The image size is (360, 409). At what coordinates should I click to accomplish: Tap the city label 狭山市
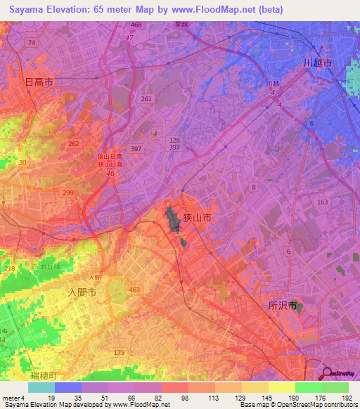pos(198,219)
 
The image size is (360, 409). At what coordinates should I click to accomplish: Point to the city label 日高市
pos(39,82)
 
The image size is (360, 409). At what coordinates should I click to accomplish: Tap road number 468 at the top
pos(136,25)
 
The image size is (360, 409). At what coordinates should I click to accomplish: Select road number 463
pos(135,289)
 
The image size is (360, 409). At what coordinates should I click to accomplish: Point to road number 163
pos(322,202)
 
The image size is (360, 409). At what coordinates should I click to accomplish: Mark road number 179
pos(119,353)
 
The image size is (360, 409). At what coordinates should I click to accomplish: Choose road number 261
pos(146,99)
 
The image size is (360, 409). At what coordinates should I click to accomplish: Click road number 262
pos(74,143)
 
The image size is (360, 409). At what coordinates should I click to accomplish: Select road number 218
pos(10,269)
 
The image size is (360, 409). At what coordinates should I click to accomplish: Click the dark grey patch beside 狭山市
pos(173,221)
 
